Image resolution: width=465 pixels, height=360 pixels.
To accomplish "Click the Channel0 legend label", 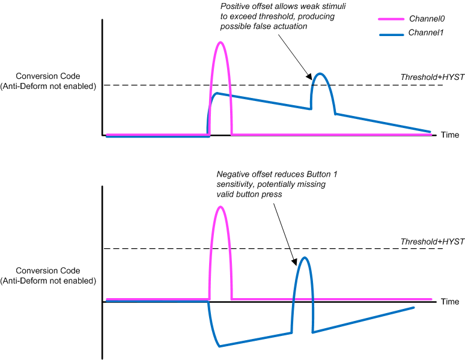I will coord(424,19).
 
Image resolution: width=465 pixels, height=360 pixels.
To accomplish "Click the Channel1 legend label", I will coord(424,33).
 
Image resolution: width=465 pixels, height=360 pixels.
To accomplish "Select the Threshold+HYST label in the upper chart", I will coord(433,77).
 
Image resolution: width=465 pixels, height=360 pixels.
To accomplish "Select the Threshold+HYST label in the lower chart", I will coord(433,241).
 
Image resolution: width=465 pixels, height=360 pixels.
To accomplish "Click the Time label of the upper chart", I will coord(450,135).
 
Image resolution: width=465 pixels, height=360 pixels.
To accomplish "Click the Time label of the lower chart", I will coord(450,301).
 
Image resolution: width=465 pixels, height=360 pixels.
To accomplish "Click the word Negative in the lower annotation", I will coord(232,174).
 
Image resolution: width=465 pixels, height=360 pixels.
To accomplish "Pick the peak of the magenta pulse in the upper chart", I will coord(221,42).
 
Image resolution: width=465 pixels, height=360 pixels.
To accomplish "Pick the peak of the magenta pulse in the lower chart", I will coord(221,207).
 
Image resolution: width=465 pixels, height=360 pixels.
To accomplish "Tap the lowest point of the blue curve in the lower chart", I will coord(219,346).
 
